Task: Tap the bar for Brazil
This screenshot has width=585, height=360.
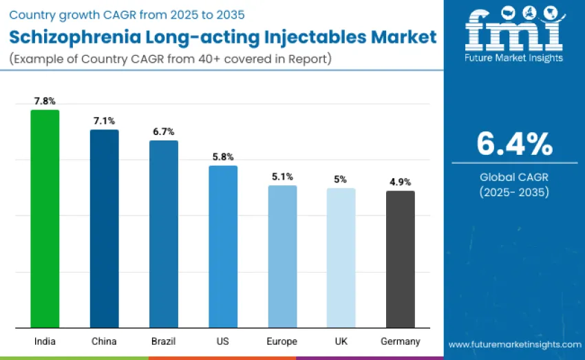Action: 164,234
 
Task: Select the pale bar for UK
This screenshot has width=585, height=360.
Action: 341,258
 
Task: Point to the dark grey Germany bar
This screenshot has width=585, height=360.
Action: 400,260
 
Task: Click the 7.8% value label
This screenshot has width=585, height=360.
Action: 45,101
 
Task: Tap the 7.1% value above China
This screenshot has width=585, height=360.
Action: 105,121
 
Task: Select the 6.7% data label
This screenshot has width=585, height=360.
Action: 164,131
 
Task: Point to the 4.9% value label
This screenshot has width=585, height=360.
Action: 400,182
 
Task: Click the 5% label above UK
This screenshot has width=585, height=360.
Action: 341,180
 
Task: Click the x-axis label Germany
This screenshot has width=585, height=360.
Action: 400,341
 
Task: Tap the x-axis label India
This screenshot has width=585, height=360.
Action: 45,341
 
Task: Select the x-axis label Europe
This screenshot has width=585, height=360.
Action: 282,341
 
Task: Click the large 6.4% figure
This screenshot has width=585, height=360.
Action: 514,144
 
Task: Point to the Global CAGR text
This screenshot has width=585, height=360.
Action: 514,177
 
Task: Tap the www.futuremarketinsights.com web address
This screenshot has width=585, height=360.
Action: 514,344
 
